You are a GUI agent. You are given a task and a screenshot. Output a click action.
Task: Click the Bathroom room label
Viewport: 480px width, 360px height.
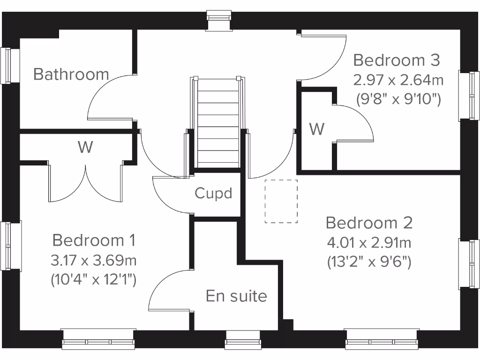(x=71, y=74)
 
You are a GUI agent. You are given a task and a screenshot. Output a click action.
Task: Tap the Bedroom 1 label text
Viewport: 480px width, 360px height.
(x=94, y=240)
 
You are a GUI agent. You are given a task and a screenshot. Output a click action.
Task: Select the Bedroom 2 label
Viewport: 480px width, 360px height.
(x=369, y=223)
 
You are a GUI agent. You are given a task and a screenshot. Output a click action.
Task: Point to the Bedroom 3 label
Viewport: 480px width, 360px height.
(x=397, y=60)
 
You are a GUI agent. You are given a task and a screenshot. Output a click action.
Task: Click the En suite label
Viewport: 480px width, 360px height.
(x=236, y=296)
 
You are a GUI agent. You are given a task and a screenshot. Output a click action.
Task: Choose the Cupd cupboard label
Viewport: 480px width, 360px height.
(x=214, y=193)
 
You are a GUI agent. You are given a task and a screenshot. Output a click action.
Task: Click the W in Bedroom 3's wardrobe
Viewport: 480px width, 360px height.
(x=317, y=129)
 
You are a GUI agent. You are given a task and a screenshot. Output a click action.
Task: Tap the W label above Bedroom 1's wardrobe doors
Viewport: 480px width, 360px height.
(x=85, y=147)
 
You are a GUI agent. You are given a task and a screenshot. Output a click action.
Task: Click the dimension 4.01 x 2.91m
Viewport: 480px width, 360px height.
(x=369, y=243)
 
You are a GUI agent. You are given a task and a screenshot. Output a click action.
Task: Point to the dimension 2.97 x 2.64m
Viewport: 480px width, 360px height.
(x=398, y=80)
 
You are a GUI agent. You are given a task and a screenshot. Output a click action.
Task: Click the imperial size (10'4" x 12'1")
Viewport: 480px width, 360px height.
(x=94, y=280)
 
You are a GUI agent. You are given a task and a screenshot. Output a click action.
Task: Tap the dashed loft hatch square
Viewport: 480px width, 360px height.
(x=281, y=201)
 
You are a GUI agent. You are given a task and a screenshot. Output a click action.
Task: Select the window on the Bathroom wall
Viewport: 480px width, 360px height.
(x=7, y=66)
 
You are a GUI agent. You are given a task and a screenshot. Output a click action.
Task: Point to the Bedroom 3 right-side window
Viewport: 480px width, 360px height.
(x=474, y=96)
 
